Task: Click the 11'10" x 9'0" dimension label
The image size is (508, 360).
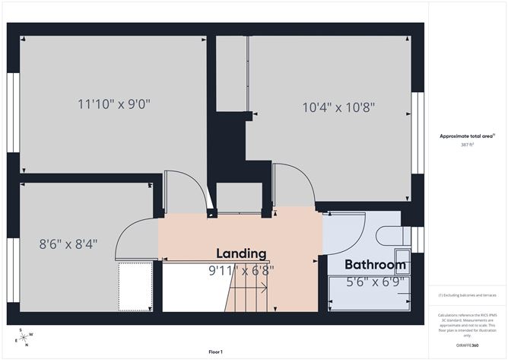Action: [x=114, y=104]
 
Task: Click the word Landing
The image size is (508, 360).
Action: [x=241, y=253]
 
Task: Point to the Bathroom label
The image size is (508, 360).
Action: [x=375, y=265]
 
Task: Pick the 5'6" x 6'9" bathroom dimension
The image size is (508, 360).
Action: [x=375, y=281]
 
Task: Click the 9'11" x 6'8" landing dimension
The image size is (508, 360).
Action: [x=241, y=269]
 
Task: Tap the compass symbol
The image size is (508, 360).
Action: [x=24, y=336]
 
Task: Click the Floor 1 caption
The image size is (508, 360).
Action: [x=215, y=352]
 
